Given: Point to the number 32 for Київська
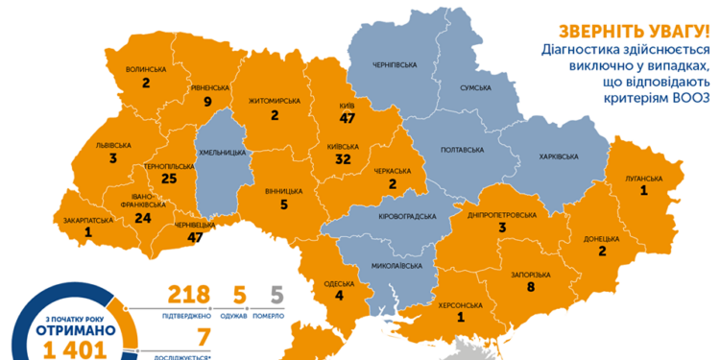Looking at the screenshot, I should [343, 161].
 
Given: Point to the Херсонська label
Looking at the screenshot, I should [461, 305].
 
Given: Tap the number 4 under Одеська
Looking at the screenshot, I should [339, 296].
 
